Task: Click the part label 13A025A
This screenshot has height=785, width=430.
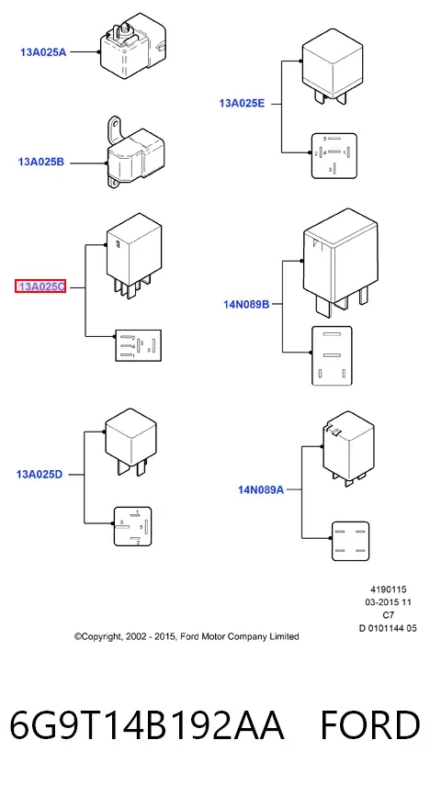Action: pos(43,52)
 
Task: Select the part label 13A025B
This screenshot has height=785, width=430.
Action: pos(41,163)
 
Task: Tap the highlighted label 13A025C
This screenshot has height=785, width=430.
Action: pos(40,286)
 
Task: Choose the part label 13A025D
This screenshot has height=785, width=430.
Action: pos(40,475)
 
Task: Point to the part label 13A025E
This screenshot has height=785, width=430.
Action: pos(242,104)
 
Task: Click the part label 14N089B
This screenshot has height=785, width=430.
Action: pos(246,304)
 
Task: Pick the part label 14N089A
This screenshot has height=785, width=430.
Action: pos(261,489)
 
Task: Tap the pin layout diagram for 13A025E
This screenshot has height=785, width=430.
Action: pos(334,156)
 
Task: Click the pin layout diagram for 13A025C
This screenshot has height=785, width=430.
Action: pos(139,345)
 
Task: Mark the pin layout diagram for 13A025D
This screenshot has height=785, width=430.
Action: pos(133,526)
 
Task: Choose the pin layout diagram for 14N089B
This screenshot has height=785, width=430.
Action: pos(332,356)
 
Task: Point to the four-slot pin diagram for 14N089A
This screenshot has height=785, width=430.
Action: pos(351,541)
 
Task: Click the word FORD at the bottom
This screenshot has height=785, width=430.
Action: pos(370,725)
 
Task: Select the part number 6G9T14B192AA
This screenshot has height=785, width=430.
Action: pos(147,725)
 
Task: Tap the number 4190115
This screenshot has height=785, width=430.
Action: pos(389,589)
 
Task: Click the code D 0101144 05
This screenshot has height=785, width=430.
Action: pos(388,628)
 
